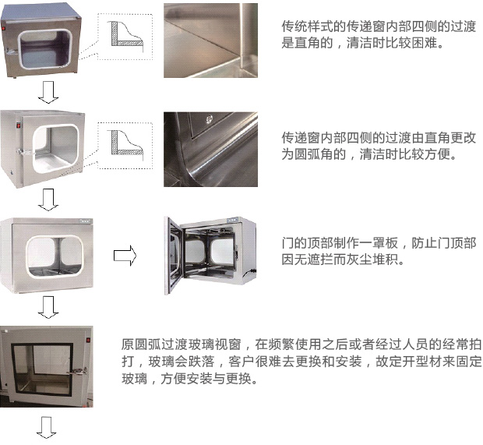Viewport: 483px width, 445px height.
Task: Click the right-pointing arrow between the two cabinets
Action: point(125,256)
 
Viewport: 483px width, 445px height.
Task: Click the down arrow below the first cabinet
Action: point(48,92)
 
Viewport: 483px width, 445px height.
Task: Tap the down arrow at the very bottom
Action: point(47,427)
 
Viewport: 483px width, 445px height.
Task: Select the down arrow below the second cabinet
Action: point(48,200)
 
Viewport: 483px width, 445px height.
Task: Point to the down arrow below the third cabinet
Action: point(48,307)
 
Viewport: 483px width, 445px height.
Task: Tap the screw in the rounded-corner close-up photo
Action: point(209,118)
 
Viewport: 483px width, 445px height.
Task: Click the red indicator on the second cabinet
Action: point(18,125)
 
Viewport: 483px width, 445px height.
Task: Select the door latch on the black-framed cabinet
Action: point(79,371)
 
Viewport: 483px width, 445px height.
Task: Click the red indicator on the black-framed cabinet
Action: point(88,341)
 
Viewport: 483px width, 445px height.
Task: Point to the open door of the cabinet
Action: point(174,256)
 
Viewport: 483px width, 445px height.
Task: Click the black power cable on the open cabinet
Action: point(249,273)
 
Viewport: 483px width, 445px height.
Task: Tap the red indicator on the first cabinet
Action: point(4,30)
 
